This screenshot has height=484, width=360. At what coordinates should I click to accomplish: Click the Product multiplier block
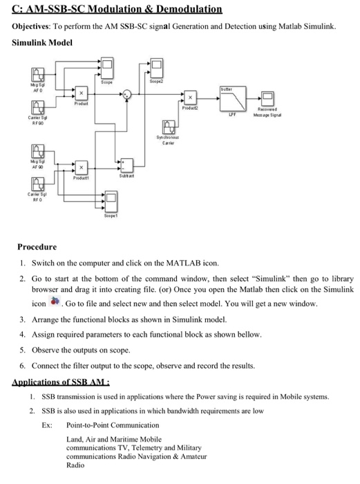81,93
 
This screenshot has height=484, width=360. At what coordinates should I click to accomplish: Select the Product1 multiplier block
81,167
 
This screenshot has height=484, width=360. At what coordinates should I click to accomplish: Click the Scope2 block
157,68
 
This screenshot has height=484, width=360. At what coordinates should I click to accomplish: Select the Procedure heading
37,247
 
